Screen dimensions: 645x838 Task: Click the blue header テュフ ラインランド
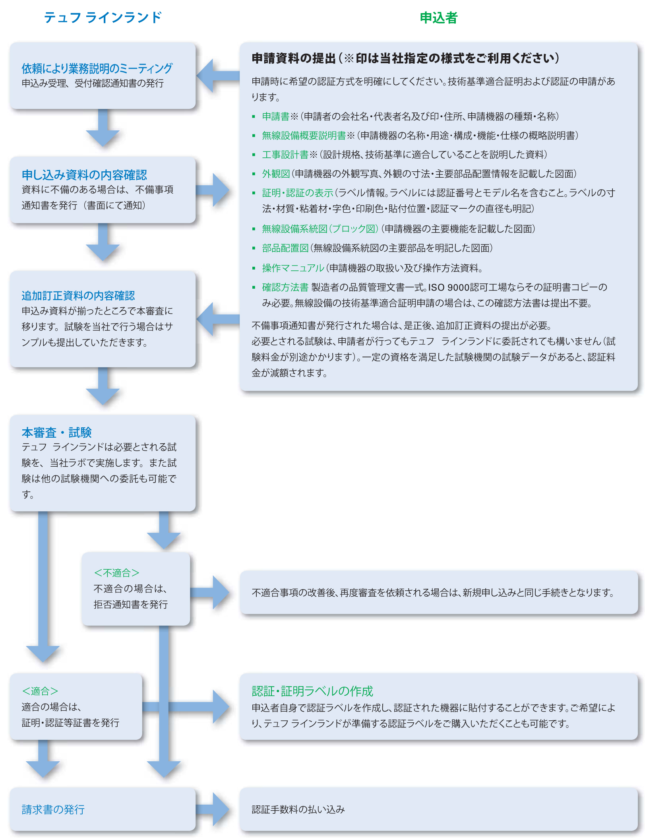(103, 17)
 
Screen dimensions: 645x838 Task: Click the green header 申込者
(438, 17)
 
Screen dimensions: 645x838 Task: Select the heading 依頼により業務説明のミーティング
(97, 68)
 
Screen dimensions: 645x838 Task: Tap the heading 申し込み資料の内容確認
(84, 175)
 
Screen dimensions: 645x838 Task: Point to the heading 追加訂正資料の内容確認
(78, 295)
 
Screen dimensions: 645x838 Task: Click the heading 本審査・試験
(56, 432)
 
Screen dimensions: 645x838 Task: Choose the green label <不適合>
(116, 572)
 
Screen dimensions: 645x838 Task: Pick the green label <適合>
(40, 691)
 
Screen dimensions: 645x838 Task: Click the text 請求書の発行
(53, 809)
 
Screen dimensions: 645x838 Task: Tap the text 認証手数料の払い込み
(298, 809)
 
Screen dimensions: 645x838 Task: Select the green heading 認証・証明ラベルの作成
(312, 691)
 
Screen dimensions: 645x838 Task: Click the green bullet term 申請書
(276, 116)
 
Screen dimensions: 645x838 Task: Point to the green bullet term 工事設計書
(285, 154)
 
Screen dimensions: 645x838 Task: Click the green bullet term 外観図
(276, 173)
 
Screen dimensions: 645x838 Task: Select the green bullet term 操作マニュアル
(293, 268)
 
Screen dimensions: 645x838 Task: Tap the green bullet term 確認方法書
(285, 287)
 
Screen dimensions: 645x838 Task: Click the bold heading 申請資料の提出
(294, 58)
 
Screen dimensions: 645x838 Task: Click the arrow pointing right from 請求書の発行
(213, 809)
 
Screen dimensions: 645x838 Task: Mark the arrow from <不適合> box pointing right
(210, 592)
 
